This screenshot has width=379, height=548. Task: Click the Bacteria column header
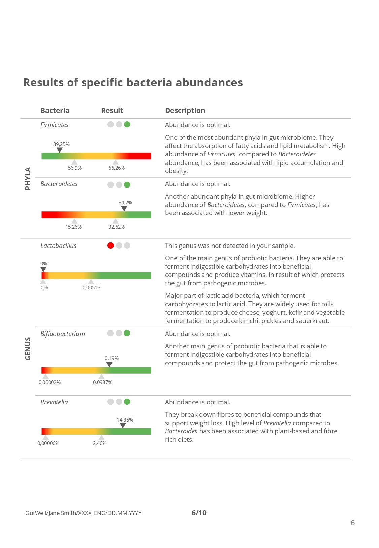55,111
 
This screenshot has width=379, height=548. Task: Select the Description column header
185,111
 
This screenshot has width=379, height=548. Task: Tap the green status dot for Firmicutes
127,124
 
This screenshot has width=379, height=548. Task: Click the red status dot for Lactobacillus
110,246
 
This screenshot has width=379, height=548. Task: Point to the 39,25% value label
61,144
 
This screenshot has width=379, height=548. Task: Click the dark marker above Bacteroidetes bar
124,209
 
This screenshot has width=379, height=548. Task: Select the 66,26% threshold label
117,168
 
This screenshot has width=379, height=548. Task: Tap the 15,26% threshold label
73,227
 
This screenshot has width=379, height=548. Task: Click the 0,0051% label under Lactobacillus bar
92,288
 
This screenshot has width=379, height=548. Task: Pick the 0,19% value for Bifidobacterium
112,358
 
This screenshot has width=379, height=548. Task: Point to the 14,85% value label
125,420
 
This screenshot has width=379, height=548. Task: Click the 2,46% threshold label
100,443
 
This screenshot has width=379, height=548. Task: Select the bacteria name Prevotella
54,402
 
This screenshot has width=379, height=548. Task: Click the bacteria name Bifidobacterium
63,334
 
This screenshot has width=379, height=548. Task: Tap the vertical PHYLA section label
28,178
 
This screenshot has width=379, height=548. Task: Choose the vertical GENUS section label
28,349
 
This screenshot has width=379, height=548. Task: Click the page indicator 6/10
199,513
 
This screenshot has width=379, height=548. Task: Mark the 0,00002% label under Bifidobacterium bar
50,382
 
